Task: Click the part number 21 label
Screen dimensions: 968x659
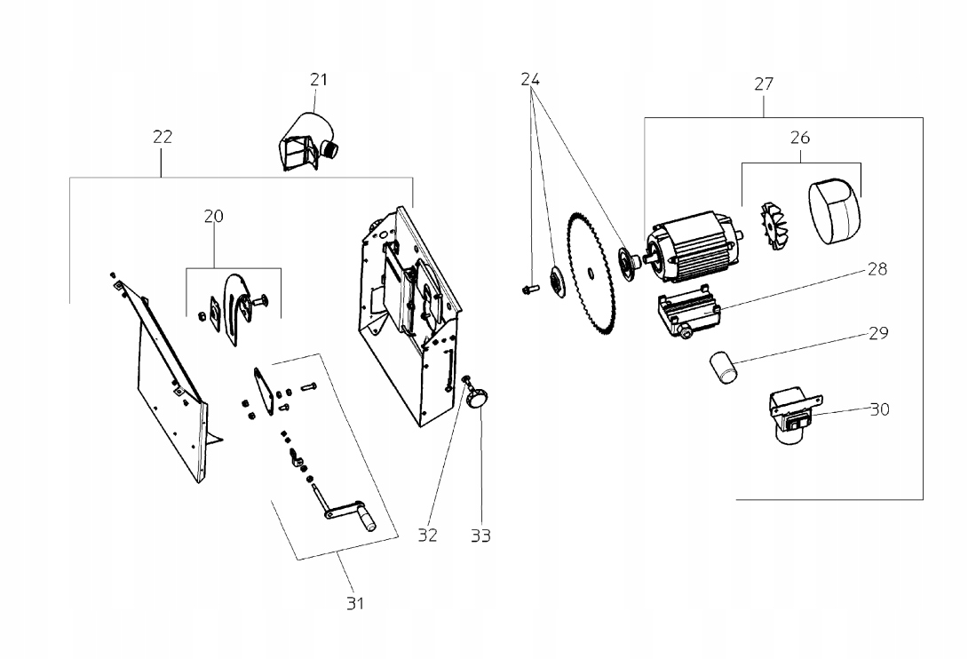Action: pyautogui.click(x=319, y=80)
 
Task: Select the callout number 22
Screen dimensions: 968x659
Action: pyautogui.click(x=163, y=137)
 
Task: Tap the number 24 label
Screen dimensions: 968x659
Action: pyautogui.click(x=530, y=79)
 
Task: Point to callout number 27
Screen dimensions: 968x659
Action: pyautogui.click(x=764, y=84)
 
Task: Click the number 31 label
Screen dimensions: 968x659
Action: pyautogui.click(x=355, y=603)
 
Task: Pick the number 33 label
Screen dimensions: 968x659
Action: pyautogui.click(x=481, y=536)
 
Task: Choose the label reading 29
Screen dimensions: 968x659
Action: pyautogui.click(x=878, y=334)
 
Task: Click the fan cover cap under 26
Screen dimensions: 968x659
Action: pyautogui.click(x=834, y=210)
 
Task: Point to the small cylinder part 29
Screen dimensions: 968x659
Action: pyautogui.click(x=724, y=368)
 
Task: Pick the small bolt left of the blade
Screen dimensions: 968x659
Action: pyautogui.click(x=530, y=288)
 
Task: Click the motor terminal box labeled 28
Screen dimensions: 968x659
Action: pyautogui.click(x=686, y=312)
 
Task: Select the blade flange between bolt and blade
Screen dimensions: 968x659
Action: pyautogui.click(x=556, y=282)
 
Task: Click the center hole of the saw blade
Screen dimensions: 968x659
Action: pyautogui.click(x=591, y=271)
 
